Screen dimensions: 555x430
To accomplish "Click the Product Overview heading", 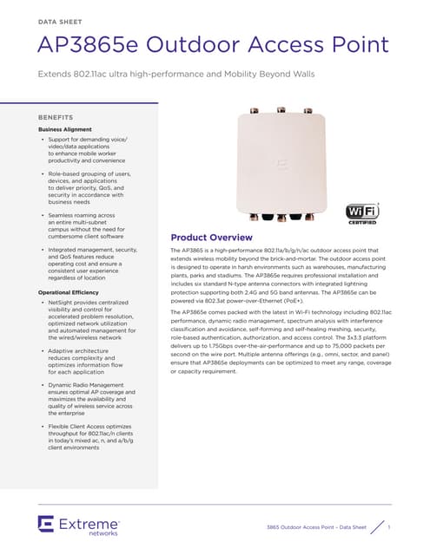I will (211, 238).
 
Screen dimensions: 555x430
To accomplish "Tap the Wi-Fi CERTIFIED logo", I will (362, 213).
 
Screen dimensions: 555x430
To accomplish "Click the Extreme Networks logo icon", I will (47, 523).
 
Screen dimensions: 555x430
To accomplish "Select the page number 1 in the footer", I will (389, 527).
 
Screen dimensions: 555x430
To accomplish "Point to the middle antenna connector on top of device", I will (281, 110).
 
